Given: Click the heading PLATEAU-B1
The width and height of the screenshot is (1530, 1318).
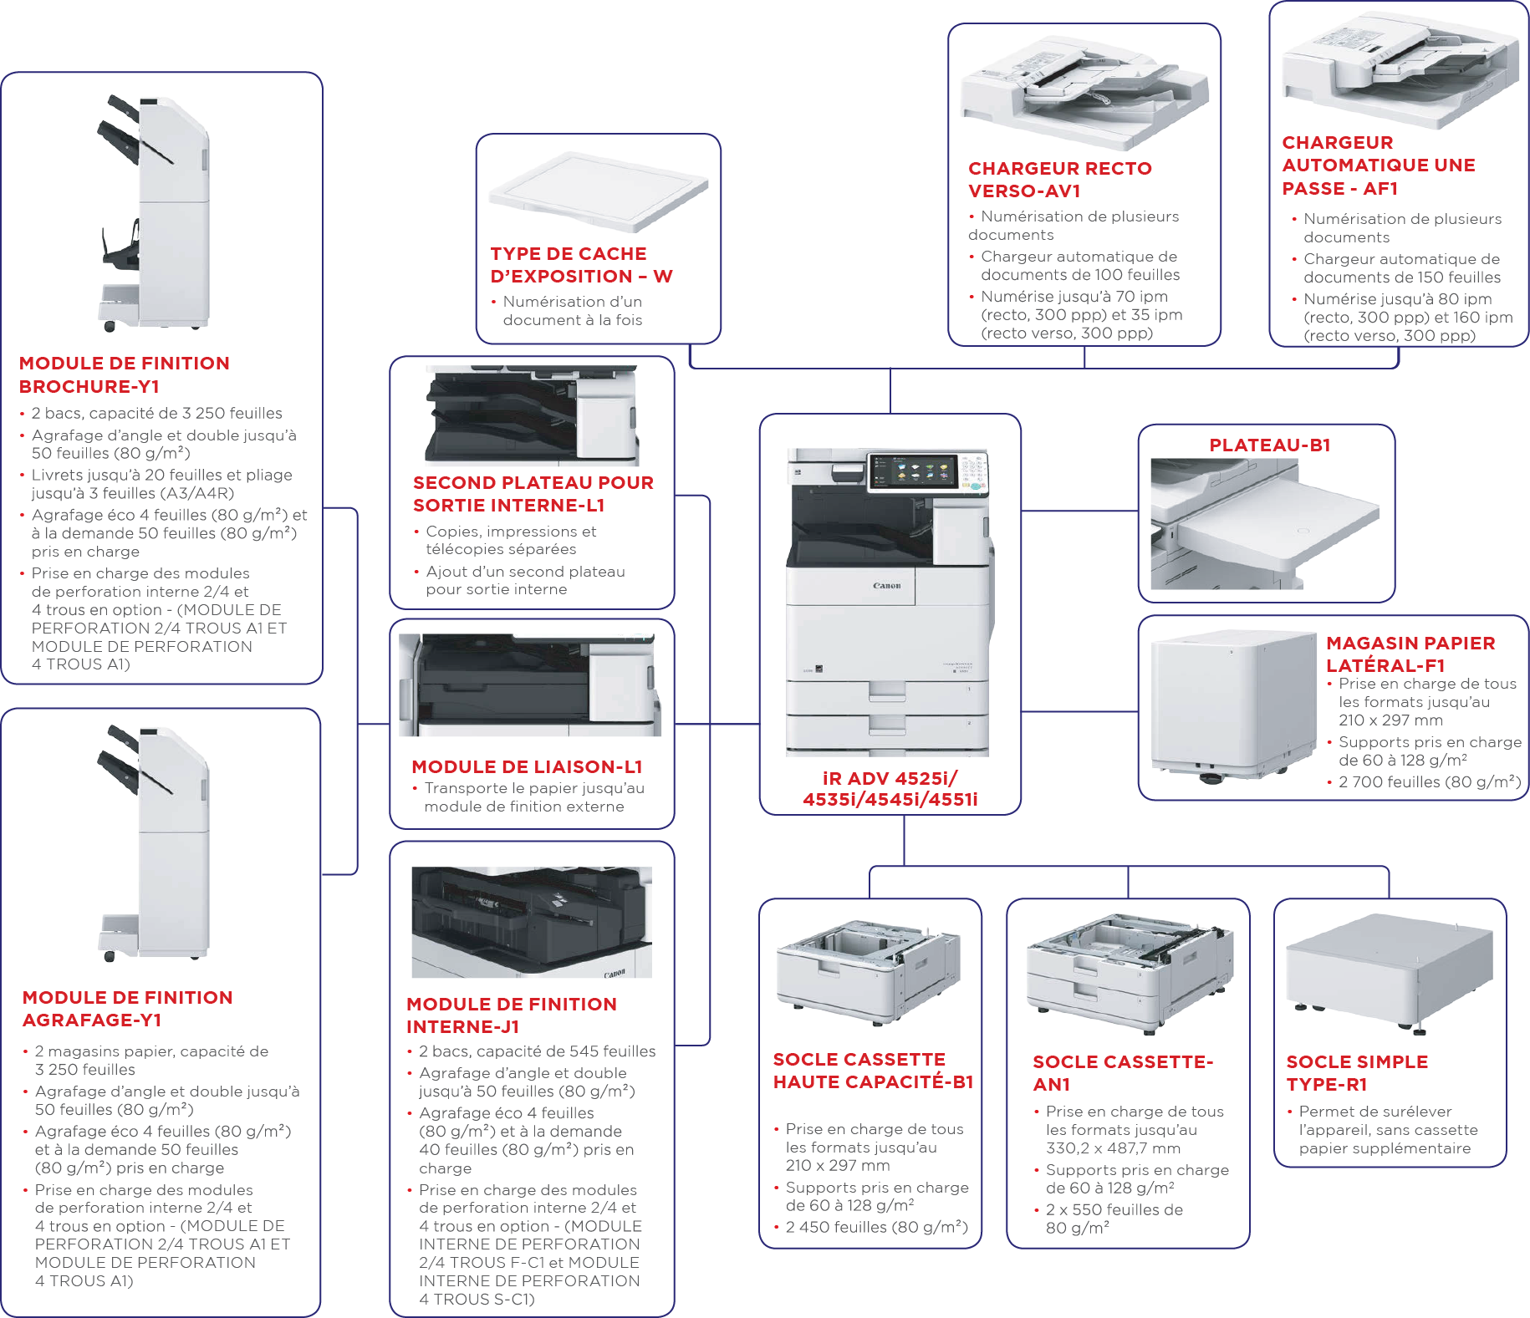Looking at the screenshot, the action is [1269, 445].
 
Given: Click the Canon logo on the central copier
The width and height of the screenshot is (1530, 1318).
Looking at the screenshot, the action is [887, 586].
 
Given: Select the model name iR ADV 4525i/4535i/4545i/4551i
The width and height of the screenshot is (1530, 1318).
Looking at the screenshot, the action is [890, 789].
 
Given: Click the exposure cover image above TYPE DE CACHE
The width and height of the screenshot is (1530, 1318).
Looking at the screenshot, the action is [599, 191].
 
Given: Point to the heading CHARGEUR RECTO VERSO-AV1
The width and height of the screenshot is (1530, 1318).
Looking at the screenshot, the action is [1060, 180].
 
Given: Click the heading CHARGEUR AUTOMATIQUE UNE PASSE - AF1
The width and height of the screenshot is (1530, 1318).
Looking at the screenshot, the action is [1379, 165].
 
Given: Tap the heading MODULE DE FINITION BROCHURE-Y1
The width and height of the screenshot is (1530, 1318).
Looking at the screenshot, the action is [125, 375].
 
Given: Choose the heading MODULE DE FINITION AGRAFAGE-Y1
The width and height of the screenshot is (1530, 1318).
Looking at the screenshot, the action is [128, 1009].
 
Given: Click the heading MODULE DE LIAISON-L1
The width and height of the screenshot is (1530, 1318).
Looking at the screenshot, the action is [527, 767].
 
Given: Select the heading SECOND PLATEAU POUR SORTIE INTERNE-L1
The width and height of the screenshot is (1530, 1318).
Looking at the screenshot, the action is [533, 494].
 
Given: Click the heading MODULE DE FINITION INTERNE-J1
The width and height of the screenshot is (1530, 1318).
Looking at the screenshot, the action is [512, 1015].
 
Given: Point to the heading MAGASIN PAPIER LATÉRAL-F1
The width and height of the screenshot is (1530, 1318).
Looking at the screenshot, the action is [1410, 654].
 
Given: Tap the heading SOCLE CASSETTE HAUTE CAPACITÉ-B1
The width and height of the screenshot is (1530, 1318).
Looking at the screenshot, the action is [873, 1071].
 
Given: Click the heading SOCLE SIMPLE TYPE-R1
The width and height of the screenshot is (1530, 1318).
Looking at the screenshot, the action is [1357, 1073].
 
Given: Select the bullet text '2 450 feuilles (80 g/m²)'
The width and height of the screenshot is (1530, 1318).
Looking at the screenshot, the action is [876, 1227].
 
